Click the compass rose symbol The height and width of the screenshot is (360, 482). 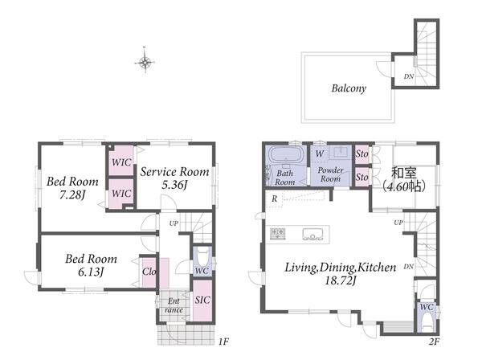[145, 62]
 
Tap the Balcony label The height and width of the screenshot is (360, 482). [349, 88]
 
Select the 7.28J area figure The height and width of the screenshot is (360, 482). [72, 194]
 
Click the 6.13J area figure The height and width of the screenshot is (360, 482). [90, 272]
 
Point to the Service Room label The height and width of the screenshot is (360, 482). [174, 171]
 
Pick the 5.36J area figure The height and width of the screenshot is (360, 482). [174, 185]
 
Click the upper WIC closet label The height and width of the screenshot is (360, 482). [121, 162]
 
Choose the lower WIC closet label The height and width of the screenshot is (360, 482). [121, 194]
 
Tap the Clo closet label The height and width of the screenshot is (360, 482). [149, 272]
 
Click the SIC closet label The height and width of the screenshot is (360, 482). [202, 300]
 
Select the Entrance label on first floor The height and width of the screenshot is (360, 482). [174, 305]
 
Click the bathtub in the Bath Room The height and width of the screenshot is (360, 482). [286, 154]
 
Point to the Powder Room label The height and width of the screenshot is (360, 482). [330, 174]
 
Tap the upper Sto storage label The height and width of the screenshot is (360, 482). [361, 153]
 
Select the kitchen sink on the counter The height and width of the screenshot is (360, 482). [312, 235]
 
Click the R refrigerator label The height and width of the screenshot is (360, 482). [274, 198]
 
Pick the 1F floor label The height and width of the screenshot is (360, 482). [224, 342]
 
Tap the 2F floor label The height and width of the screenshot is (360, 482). [434, 342]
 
